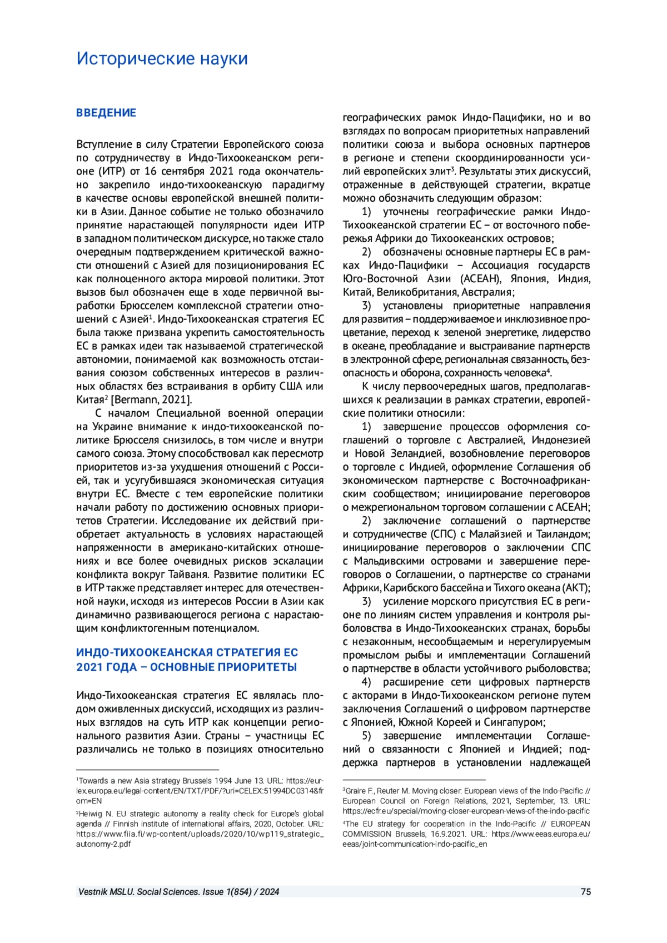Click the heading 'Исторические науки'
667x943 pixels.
pyautogui.click(x=162, y=58)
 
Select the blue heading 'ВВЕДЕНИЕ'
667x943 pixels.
pyautogui.click(x=106, y=113)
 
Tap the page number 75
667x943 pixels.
pyautogui.click(x=585, y=892)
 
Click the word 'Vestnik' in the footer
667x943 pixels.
pyautogui.click(x=93, y=892)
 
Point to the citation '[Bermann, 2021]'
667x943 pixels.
pyautogui.click(x=151, y=400)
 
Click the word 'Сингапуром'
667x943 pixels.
pyautogui.click(x=514, y=722)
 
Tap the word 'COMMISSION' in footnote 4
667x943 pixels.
pyautogui.click(x=367, y=834)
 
